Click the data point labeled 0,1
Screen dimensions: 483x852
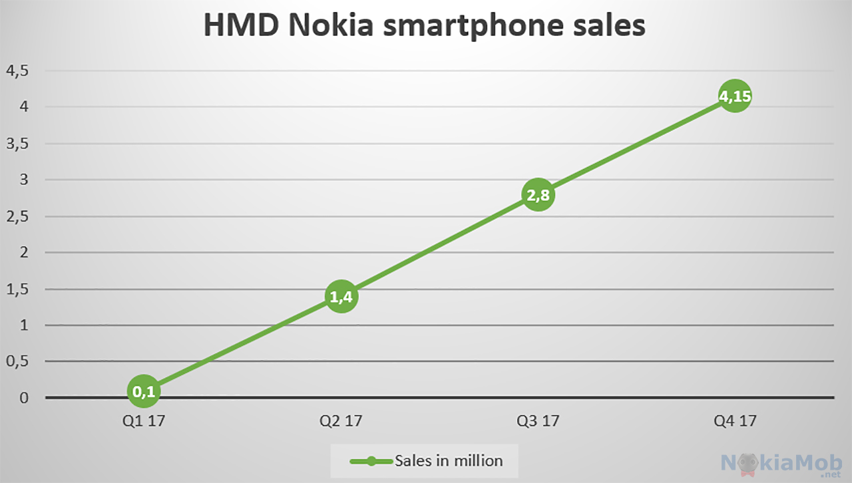point(144,391)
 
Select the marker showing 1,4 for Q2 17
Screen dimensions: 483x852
point(341,297)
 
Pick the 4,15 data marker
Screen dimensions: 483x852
point(735,96)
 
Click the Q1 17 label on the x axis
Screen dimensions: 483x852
point(144,421)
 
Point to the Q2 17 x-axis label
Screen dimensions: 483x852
point(341,421)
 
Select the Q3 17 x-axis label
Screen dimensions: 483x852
point(538,421)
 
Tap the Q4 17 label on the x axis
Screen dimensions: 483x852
point(735,421)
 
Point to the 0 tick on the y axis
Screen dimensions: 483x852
point(24,399)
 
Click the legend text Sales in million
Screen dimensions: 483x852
point(449,460)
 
